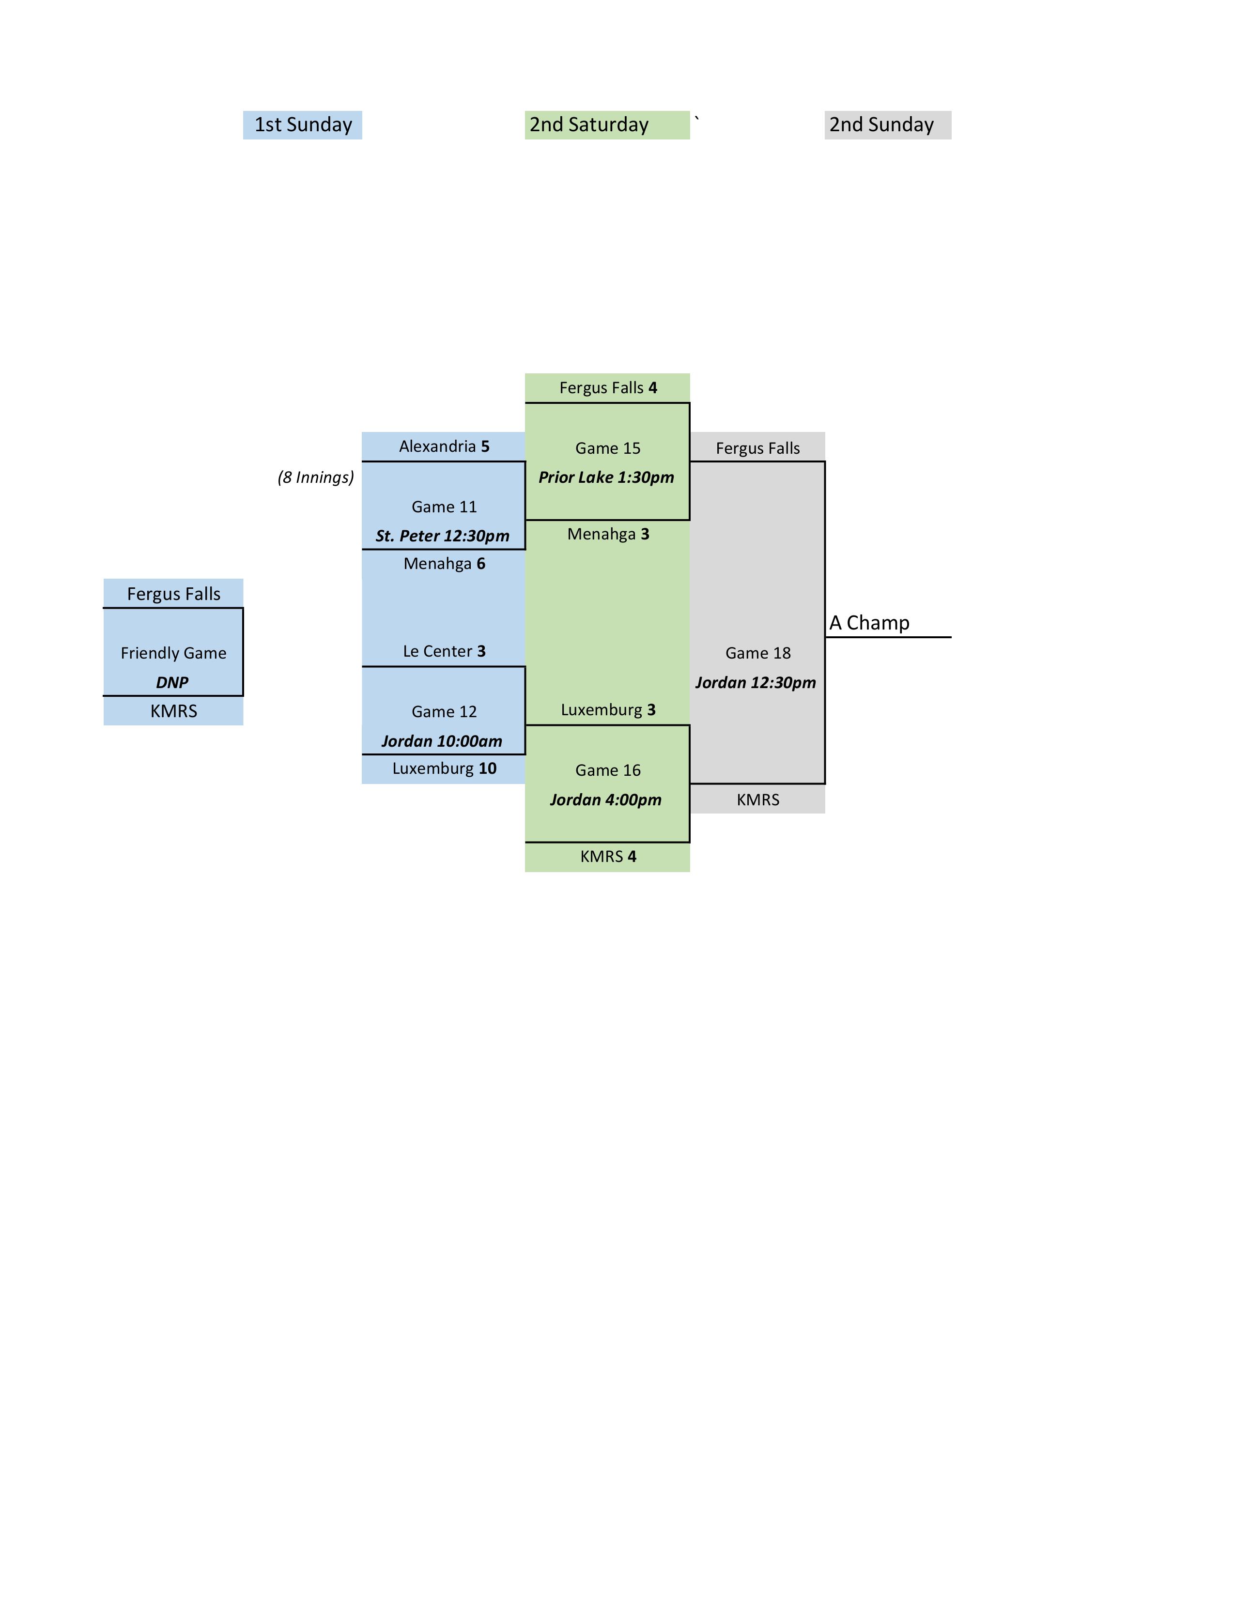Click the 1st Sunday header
303,125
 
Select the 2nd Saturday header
589,125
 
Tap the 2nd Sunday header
881,125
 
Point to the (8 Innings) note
315,477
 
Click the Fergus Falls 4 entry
608,388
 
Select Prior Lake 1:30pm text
606,477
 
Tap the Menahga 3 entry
608,534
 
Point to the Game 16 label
608,770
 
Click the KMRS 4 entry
608,856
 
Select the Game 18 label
758,653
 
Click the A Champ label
869,623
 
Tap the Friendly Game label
173,653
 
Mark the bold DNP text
172,683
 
